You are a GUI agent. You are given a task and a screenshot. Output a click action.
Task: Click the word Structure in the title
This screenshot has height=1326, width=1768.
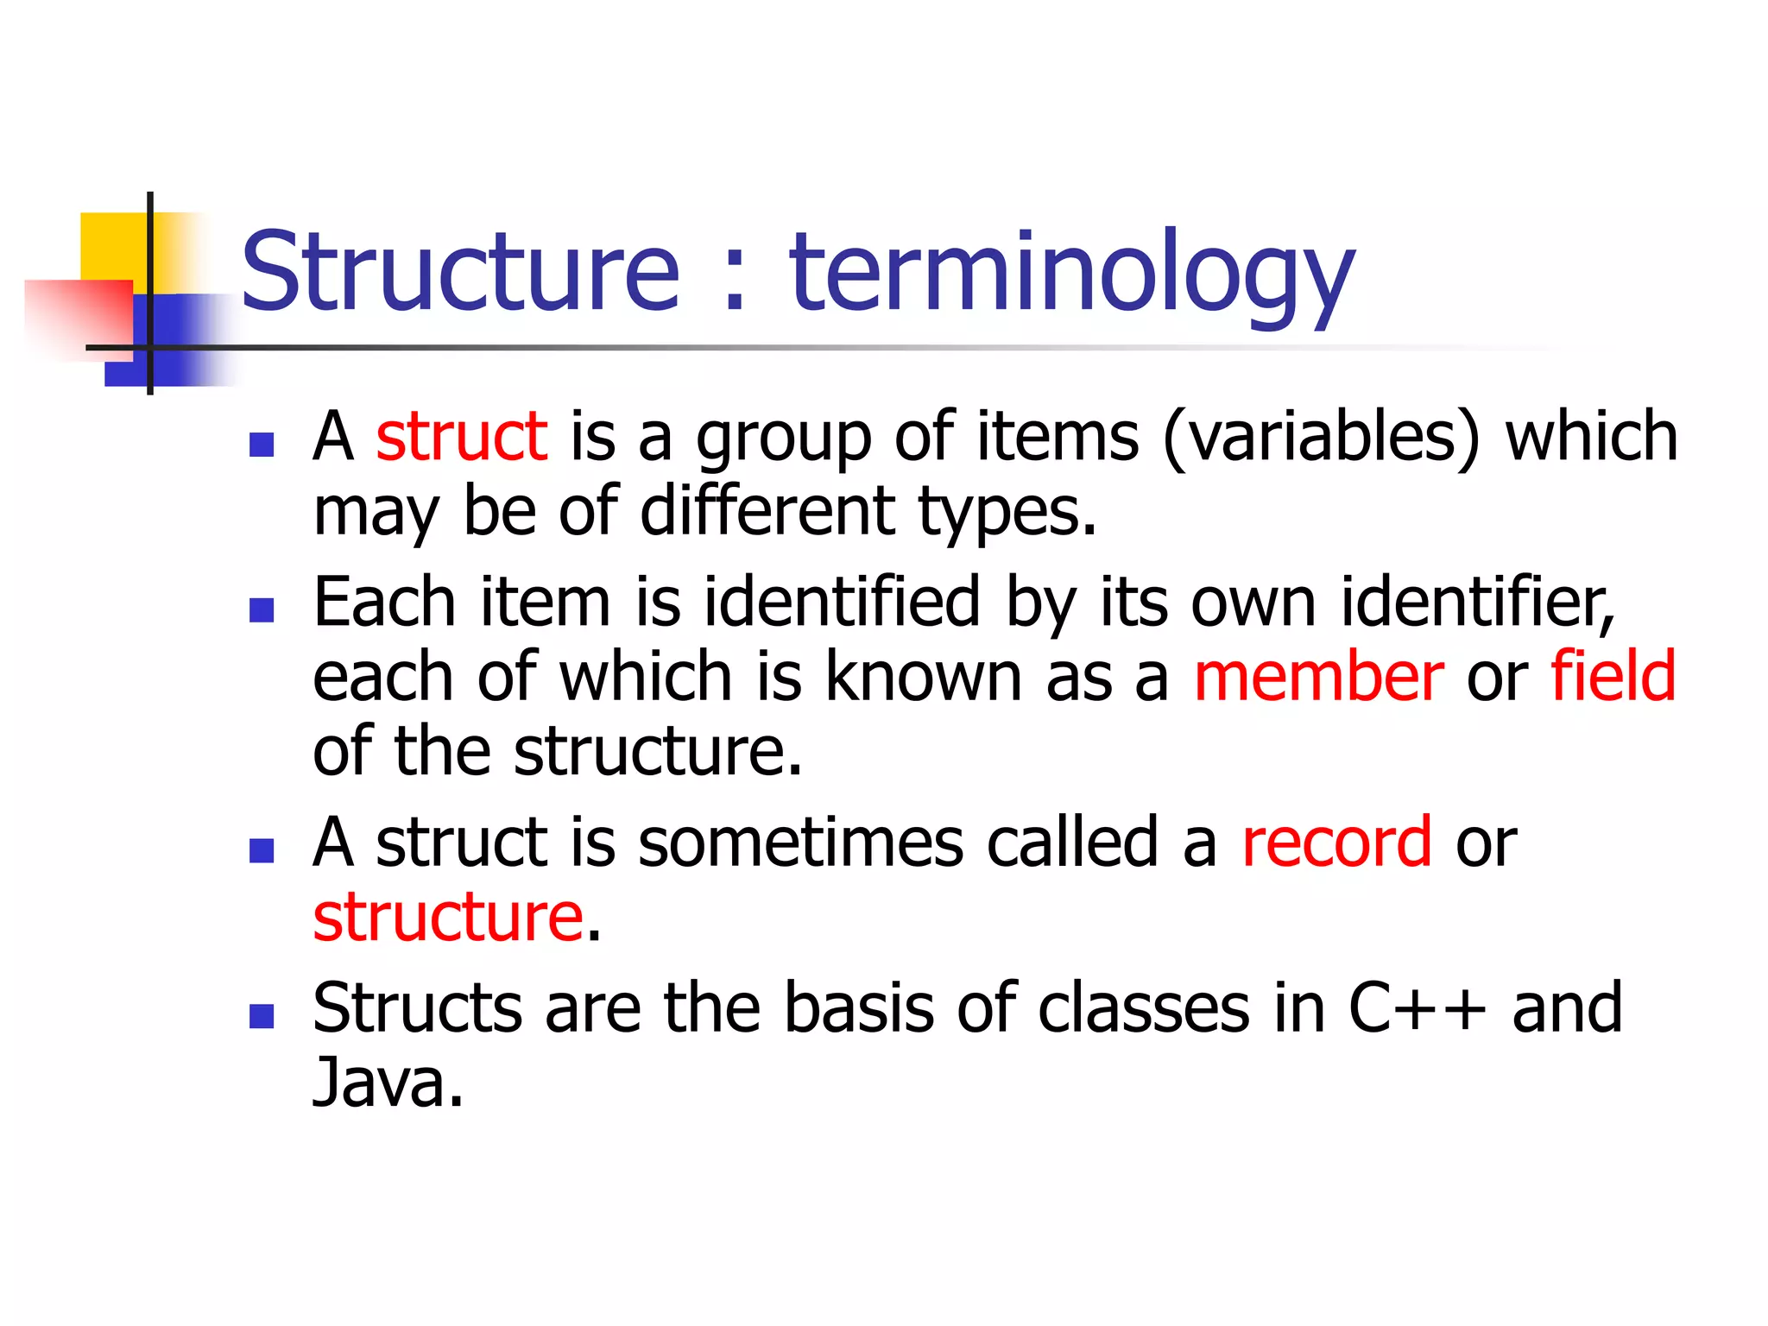pyautogui.click(x=460, y=271)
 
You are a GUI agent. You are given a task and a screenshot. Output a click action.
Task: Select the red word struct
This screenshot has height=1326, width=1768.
pyautogui.click(x=461, y=436)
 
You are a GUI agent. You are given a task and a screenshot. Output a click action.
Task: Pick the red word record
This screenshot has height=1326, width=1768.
pyautogui.click(x=1336, y=842)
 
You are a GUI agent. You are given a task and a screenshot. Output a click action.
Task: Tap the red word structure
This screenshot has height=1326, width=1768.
pyautogui.click(x=448, y=917)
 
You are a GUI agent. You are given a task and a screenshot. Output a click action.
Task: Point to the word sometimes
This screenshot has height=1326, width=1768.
pyautogui.click(x=800, y=842)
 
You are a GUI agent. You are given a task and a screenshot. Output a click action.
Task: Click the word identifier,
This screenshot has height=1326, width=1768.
pyautogui.click(x=1477, y=602)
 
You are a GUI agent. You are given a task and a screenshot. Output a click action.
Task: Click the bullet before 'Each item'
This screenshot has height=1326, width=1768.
pyautogui.click(x=261, y=610)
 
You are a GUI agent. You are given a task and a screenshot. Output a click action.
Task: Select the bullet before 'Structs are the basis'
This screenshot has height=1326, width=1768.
pyautogui.click(x=261, y=1016)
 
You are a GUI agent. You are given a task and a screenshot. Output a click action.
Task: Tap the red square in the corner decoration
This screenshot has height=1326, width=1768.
pyautogui.click(x=78, y=316)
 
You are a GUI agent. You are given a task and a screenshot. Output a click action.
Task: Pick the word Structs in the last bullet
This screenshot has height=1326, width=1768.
pyautogui.click(x=417, y=1007)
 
